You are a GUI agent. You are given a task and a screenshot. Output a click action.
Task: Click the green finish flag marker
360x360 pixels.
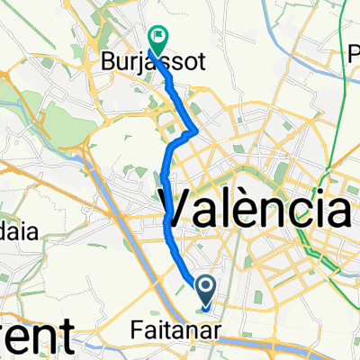tap(157, 37)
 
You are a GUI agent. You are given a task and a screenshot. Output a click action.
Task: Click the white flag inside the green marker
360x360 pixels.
tap(158, 36)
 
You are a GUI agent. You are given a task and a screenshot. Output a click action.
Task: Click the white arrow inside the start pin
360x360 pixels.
tap(205, 288)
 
